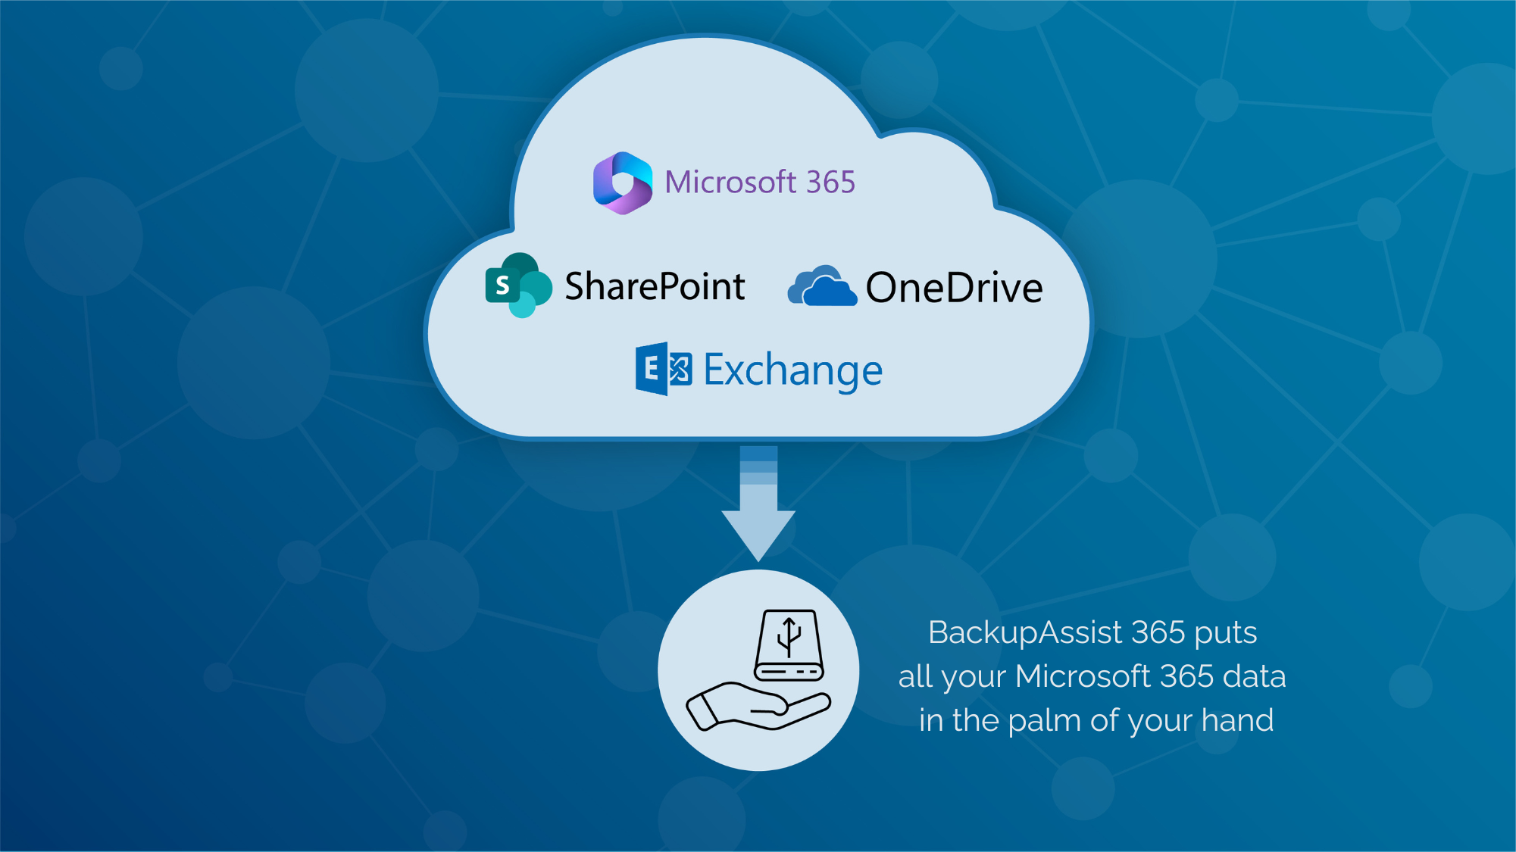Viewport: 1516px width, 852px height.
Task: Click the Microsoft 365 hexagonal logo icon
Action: tap(622, 183)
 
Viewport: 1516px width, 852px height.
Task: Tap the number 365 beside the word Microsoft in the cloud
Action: tap(830, 183)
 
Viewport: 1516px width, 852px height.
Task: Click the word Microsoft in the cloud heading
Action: tap(730, 183)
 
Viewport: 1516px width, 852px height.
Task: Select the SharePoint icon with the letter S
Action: tap(518, 286)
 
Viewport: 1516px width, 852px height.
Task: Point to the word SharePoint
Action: tap(655, 286)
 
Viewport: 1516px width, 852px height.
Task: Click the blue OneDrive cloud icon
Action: tap(822, 286)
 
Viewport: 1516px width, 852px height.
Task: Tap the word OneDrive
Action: tap(954, 288)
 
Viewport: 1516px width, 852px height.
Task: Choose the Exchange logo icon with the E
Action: tap(663, 369)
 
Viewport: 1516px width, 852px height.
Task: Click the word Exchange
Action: tap(792, 370)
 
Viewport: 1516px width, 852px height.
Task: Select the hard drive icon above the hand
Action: tap(789, 645)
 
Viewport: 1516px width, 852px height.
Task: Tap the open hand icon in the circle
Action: tap(758, 706)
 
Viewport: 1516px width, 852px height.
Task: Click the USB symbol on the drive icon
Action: tap(789, 635)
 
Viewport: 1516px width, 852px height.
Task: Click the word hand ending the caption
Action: tap(1237, 720)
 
